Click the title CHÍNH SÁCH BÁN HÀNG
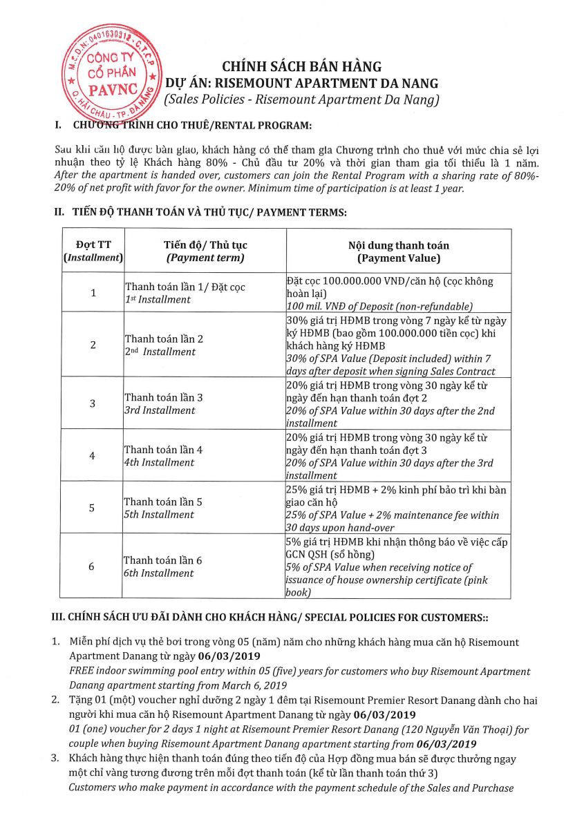pos(301,67)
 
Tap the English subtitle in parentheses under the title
pos(301,99)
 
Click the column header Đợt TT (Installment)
pos(93,251)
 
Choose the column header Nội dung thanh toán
pos(398,251)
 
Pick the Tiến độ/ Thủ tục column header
pos(205,251)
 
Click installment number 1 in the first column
pos(93,293)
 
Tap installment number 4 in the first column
pos(93,456)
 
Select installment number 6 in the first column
pos(93,566)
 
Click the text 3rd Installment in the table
pos(160,410)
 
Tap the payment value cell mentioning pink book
pos(397,566)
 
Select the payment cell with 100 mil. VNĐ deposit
pos(397,293)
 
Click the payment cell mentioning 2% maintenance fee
pos(397,508)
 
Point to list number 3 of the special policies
pos(56,759)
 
